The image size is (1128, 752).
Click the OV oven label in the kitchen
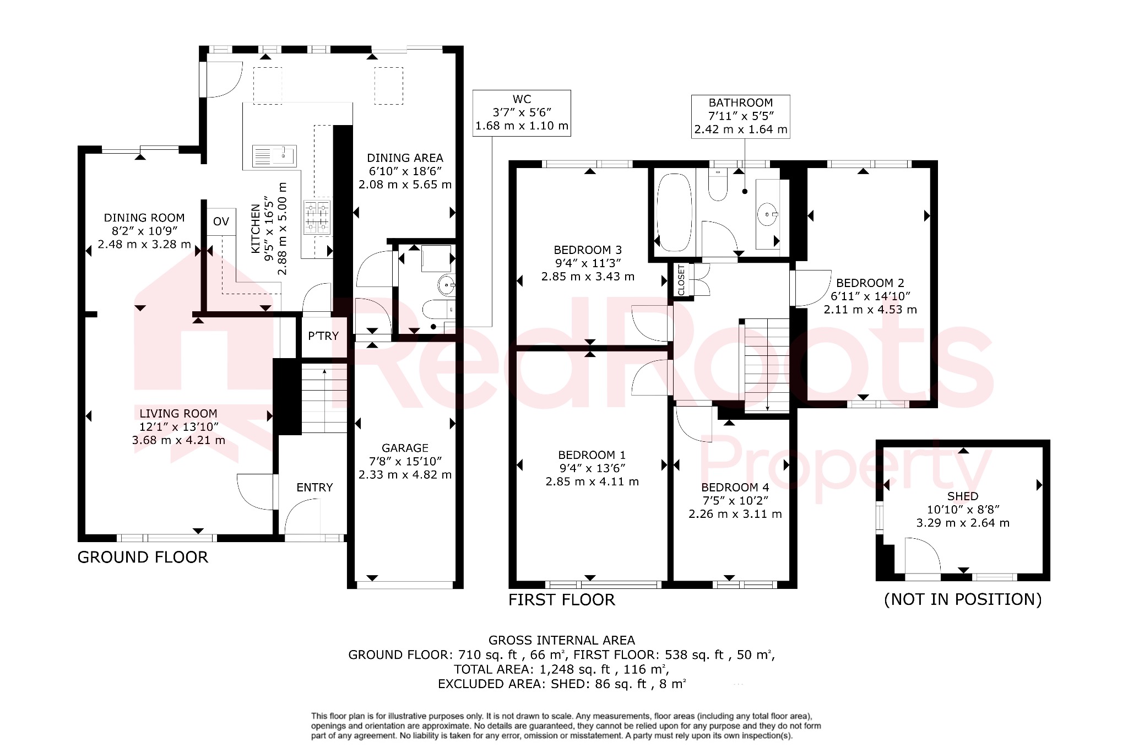pos(221,221)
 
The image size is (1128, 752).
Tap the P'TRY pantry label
pos(323,336)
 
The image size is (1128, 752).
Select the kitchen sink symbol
pos(274,156)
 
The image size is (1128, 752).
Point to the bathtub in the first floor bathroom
pos(674,212)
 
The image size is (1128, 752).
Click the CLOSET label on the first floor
pos(681,280)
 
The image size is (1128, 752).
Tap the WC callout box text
pos(522,112)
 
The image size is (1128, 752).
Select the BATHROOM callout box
pos(740,116)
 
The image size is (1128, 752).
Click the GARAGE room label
pos(405,448)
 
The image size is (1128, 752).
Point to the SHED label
pos(963,496)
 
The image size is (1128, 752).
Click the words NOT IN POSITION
pos(963,599)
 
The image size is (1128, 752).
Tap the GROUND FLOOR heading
pos(143,557)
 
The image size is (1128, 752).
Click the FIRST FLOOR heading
pos(561,599)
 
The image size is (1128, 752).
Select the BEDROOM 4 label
pos(735,487)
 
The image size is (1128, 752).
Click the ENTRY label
pos(314,487)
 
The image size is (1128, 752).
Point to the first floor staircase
pos(767,364)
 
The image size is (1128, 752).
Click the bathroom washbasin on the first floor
pos(767,214)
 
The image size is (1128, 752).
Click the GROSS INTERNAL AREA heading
pos(561,640)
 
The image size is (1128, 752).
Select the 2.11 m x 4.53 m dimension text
pos(870,310)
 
